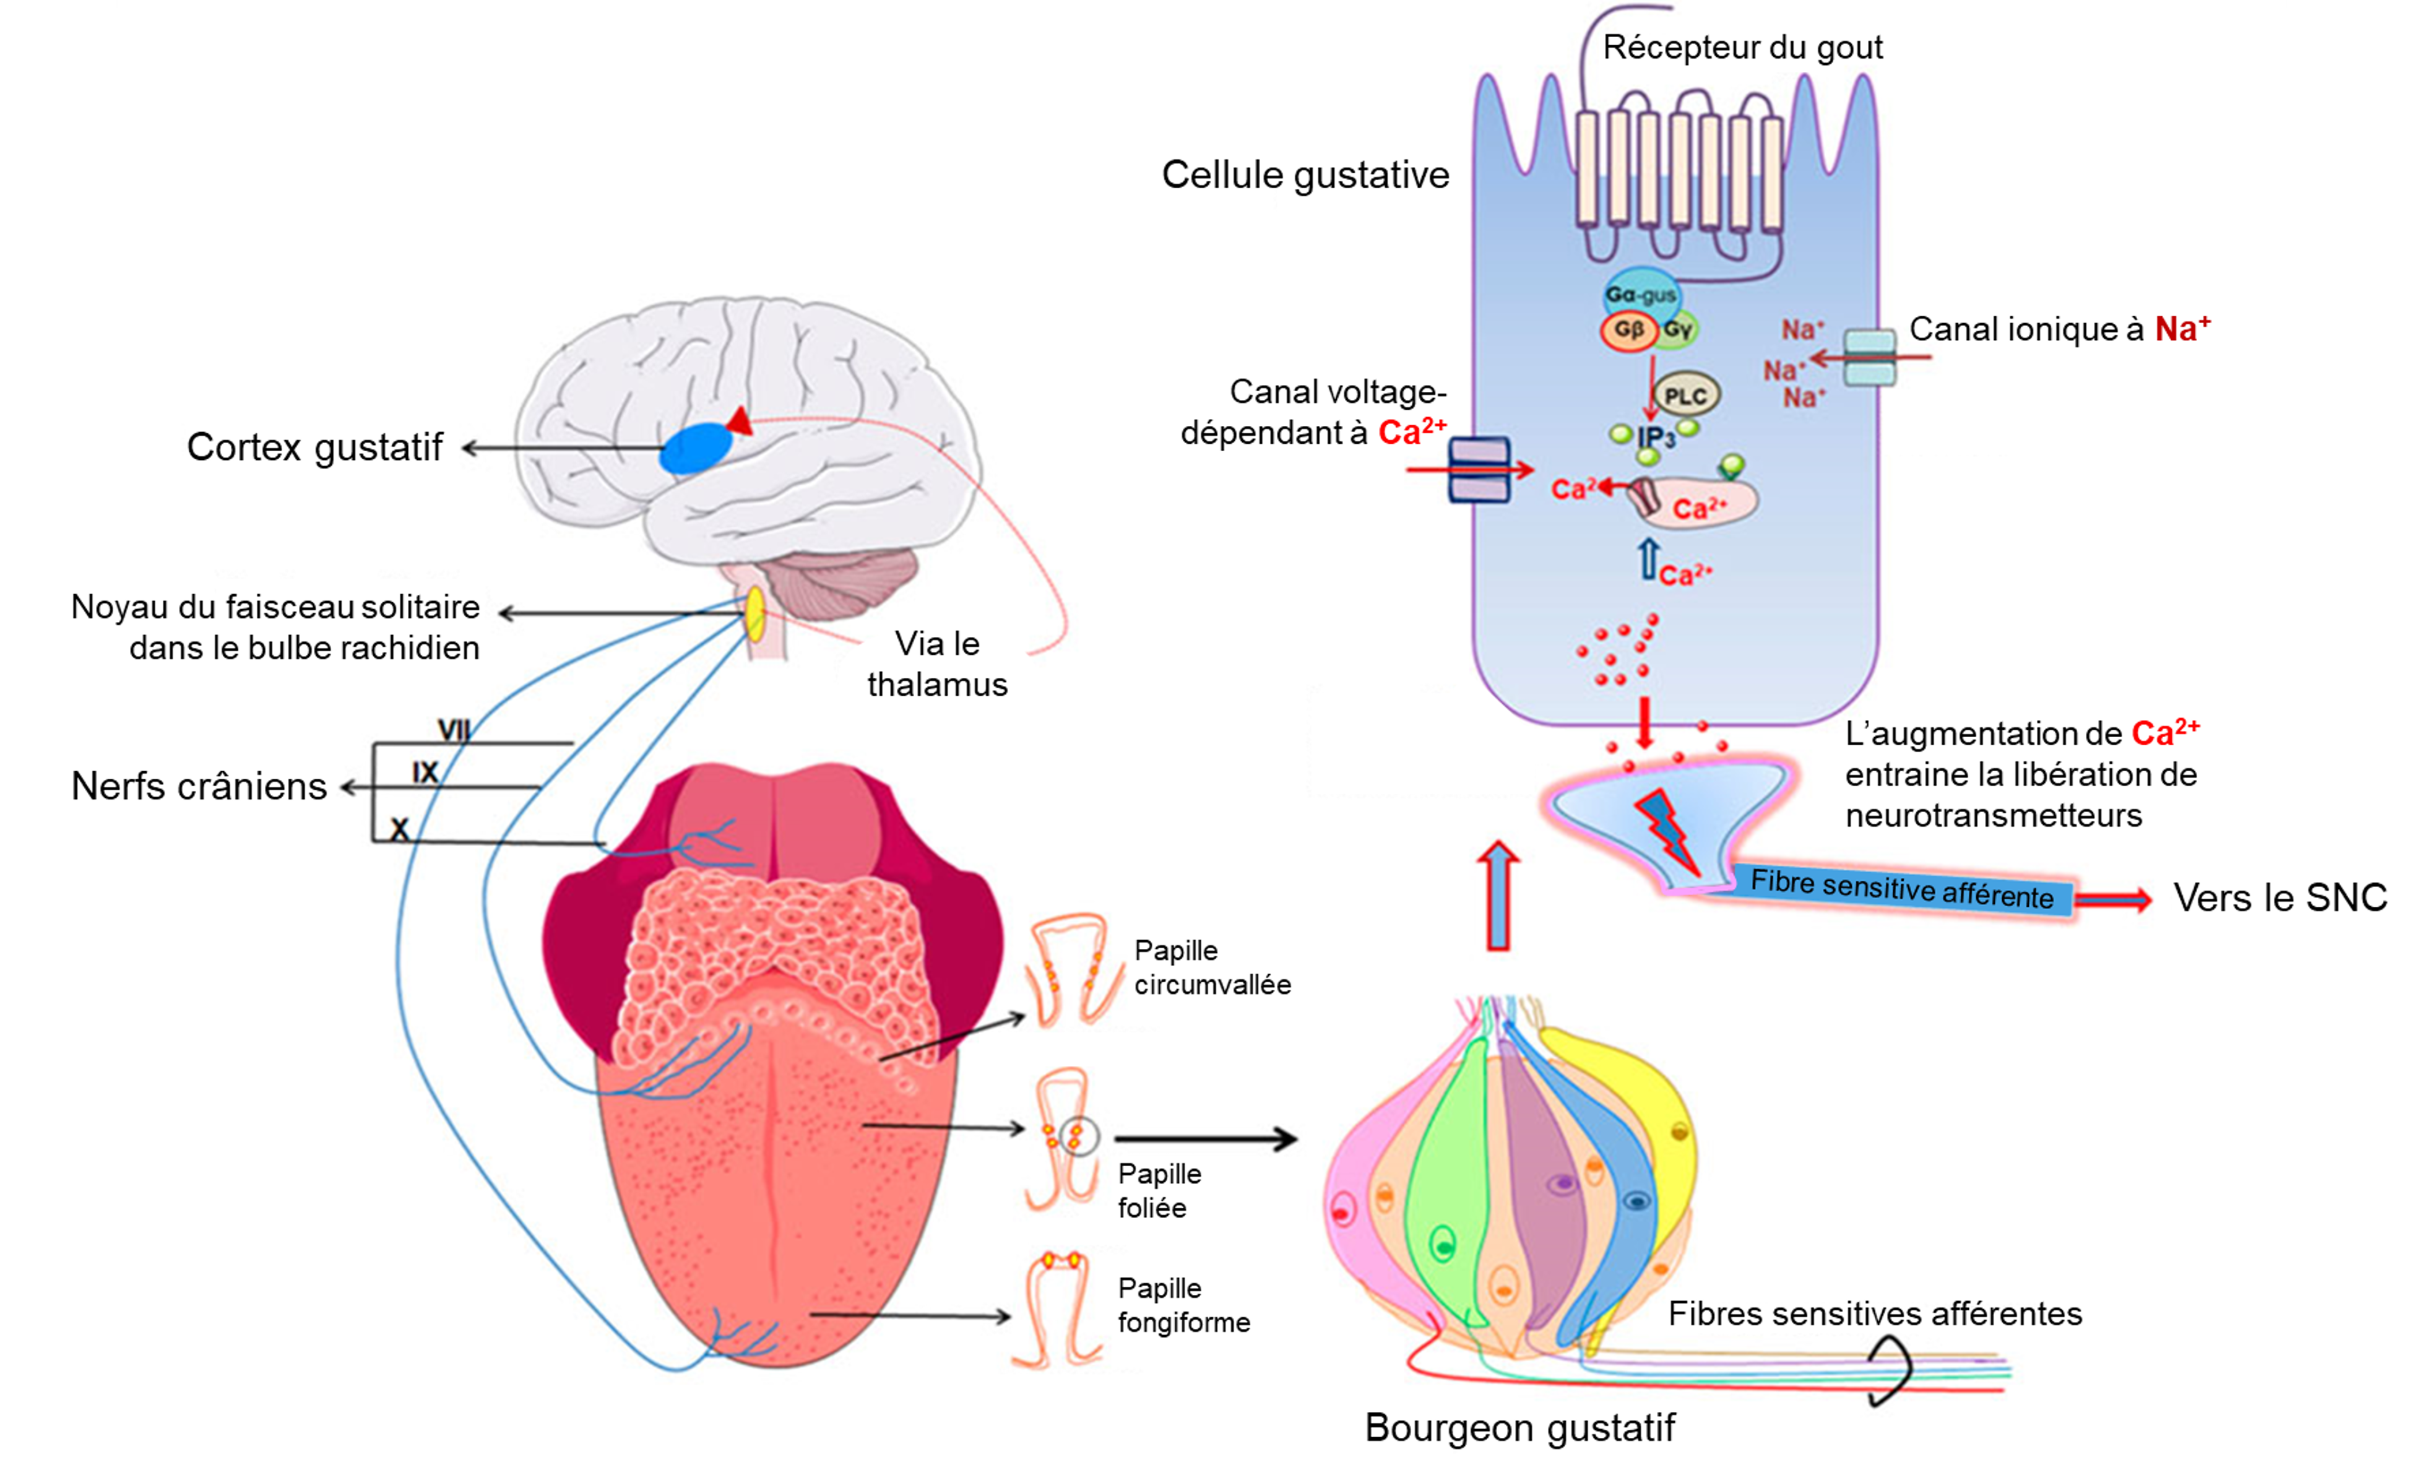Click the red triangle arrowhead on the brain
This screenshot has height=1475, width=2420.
(740, 422)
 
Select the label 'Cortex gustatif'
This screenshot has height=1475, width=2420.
(314, 447)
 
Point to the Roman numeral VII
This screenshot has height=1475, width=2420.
(454, 730)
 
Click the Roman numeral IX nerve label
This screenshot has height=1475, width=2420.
(425, 773)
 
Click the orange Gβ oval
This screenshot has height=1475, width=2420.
(1628, 330)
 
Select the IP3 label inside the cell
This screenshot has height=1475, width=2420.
(1655, 437)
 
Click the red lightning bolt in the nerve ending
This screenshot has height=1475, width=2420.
(1667, 830)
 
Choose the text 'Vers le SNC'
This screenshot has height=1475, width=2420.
(2280, 898)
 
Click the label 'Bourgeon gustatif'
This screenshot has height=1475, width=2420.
(1519, 1427)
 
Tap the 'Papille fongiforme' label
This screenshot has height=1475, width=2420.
(1183, 1305)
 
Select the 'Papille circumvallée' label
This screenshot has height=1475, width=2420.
(1212, 967)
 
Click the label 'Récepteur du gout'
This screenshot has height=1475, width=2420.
(1742, 47)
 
